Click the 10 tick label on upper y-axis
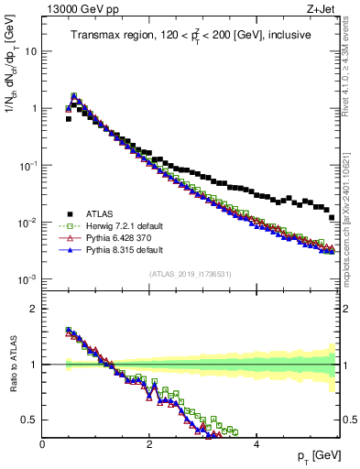coord(29,51)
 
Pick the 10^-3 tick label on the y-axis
coord(27,279)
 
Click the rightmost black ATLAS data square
coord(332,217)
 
